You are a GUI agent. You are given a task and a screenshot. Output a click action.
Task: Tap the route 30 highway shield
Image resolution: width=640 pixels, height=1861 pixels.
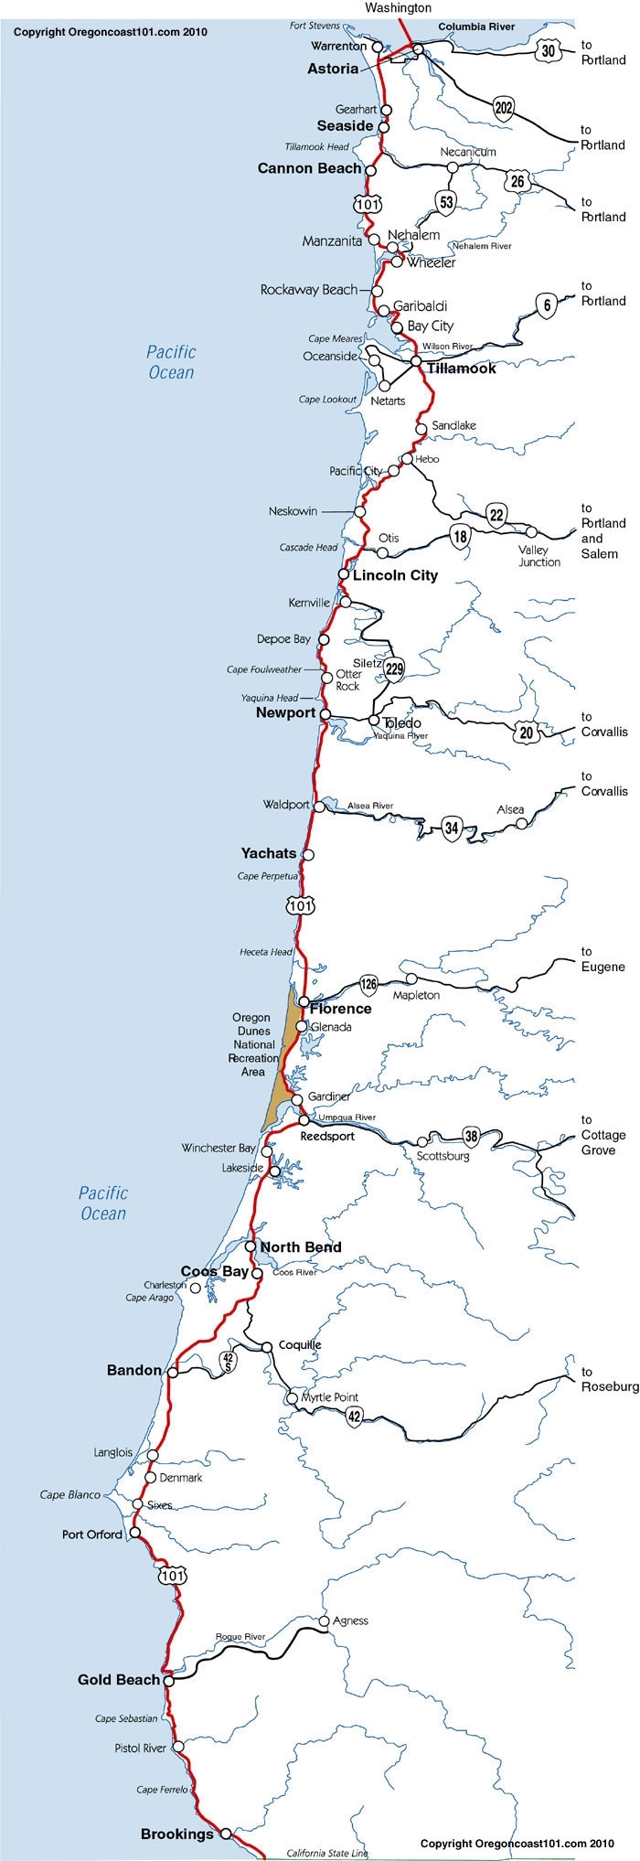548,51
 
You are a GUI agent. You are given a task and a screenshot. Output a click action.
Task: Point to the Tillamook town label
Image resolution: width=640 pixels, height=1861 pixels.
462,368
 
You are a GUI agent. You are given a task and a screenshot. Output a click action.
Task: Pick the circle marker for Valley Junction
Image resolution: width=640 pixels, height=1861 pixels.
531,531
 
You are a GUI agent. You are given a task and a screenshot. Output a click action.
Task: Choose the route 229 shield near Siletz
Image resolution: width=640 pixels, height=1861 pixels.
394,668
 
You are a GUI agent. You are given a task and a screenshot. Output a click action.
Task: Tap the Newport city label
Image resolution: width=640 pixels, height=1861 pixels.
285,712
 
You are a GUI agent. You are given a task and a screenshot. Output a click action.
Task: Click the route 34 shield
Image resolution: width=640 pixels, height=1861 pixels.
451,829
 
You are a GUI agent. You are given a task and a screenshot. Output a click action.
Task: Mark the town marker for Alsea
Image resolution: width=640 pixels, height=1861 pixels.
521,824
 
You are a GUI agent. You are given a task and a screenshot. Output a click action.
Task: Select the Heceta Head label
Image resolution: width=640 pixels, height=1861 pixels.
267,952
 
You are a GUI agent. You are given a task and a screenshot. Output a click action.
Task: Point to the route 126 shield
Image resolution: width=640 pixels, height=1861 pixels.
368,984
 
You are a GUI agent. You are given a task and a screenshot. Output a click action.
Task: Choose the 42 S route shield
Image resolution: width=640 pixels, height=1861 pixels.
229,1361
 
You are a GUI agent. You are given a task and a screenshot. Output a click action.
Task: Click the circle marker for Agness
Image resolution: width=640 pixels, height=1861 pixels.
324,1621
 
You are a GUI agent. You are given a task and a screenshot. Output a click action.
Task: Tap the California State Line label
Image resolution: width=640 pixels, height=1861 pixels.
327,1853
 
